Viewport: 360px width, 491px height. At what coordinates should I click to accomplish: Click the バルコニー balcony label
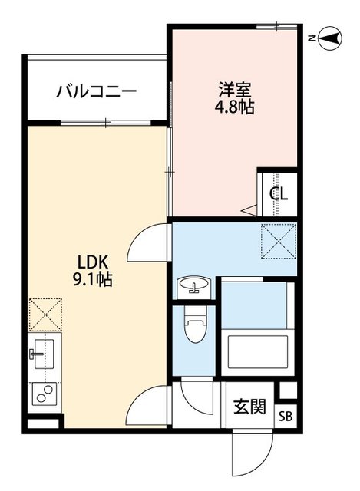tap(97, 92)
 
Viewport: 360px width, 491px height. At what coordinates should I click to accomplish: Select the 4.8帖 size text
tap(234, 107)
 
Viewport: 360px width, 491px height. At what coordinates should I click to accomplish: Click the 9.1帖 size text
tap(92, 280)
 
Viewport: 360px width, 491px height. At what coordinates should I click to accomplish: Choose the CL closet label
tap(279, 193)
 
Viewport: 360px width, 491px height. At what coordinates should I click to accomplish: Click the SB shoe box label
tap(285, 417)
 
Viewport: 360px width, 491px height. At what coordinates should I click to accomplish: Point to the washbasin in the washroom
tap(194, 288)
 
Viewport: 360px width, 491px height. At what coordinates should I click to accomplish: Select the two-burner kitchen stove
tap(41, 395)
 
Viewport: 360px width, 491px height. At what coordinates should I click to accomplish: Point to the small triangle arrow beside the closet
tap(248, 208)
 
